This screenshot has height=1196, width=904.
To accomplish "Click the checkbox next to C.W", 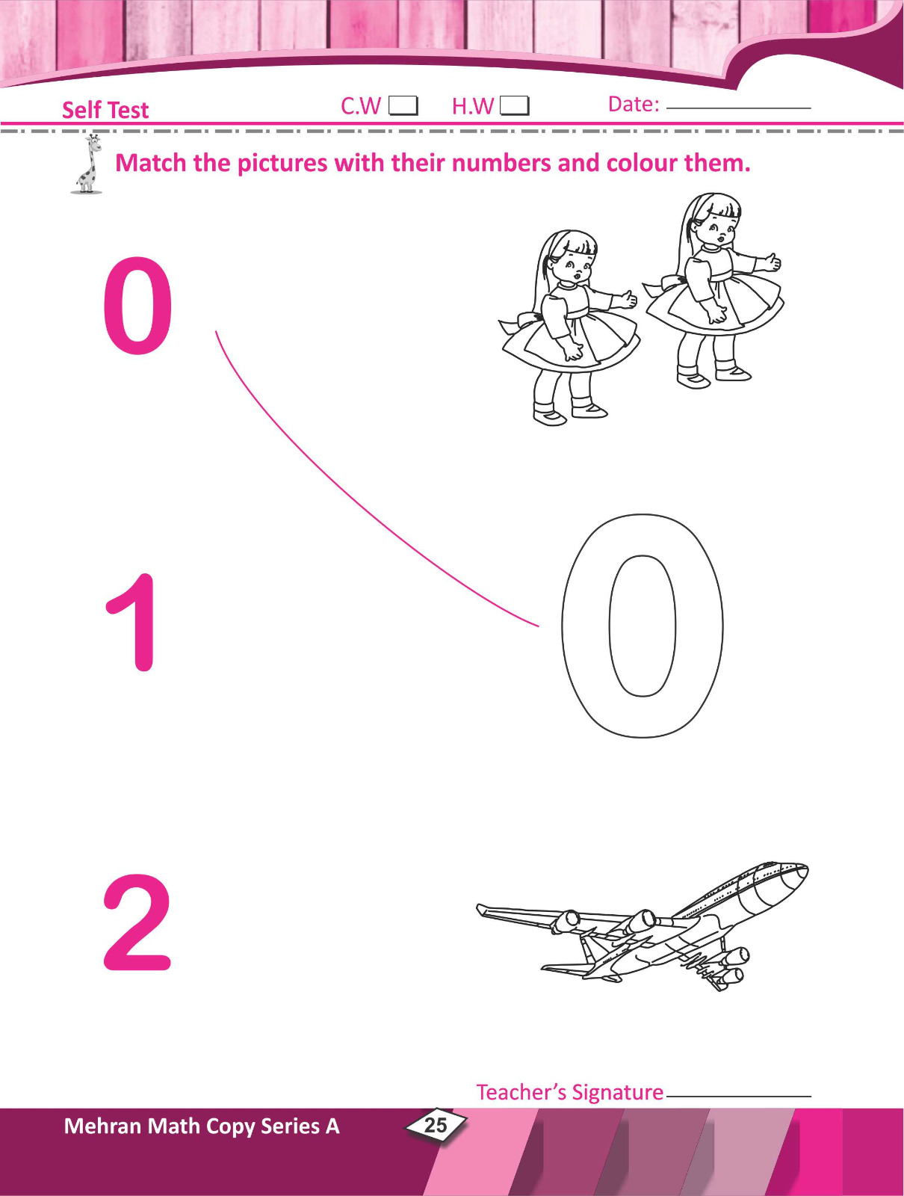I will point(403,105).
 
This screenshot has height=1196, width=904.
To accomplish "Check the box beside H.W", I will point(514,106).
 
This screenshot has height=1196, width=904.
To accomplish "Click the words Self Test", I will point(105,110).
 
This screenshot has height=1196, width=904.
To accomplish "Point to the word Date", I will point(632,105).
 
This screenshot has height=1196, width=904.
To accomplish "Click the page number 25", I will point(435,1125).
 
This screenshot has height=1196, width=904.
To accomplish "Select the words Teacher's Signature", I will point(569,1093).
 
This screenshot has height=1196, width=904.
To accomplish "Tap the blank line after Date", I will point(738,108).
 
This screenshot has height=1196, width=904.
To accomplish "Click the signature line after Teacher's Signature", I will point(737,1097).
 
